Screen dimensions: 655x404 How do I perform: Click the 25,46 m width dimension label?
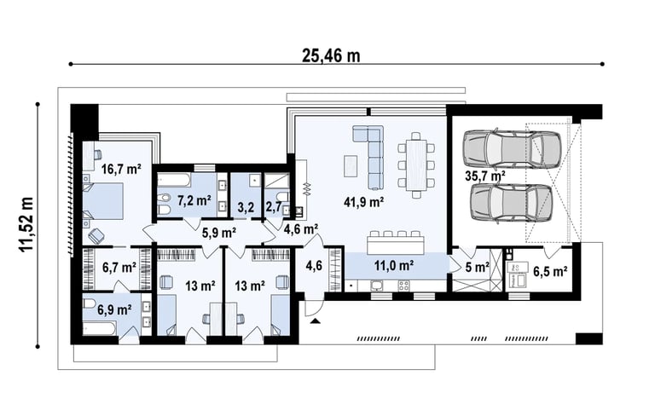pyautogui.click(x=331, y=55)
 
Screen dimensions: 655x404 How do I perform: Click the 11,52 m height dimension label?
pyautogui.click(x=26, y=224)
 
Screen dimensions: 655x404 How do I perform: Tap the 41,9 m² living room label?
pyautogui.click(x=364, y=202)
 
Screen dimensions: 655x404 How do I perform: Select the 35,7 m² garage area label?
pyautogui.click(x=485, y=176)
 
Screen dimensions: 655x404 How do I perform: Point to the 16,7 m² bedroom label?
pyautogui.click(x=122, y=170)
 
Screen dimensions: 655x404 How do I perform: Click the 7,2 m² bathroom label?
pyautogui.click(x=194, y=201)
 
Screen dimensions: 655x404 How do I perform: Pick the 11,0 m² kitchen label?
pyautogui.click(x=394, y=265)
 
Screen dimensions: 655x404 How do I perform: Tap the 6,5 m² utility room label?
pyautogui.click(x=550, y=272)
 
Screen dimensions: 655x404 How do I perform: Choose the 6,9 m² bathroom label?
pyautogui.click(x=114, y=310)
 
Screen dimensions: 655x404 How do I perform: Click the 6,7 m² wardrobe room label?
pyautogui.click(x=119, y=268)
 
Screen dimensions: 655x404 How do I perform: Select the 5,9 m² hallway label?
pyautogui.click(x=219, y=233)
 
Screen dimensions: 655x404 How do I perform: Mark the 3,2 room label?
pyautogui.click(x=246, y=207)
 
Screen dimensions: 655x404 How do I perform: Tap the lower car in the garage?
pyautogui.click(x=512, y=203)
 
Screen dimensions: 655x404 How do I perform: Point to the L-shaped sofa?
pyautogui.click(x=369, y=155)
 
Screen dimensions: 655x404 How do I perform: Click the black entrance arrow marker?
pyautogui.click(x=316, y=321)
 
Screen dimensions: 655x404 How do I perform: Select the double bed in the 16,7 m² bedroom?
pyautogui.click(x=102, y=201)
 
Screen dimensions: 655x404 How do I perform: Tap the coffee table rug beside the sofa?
pyautogui.click(x=351, y=166)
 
